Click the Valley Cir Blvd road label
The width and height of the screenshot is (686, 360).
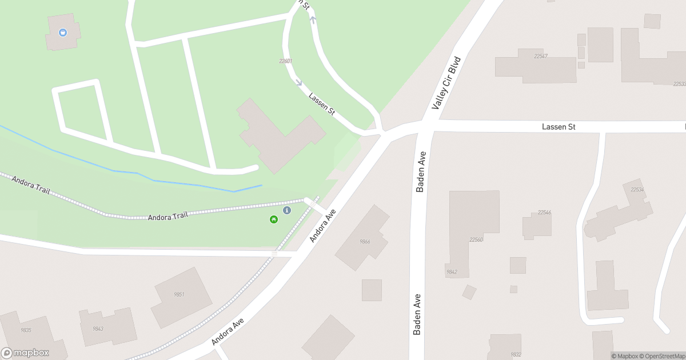446,83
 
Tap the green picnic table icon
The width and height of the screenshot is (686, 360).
274,219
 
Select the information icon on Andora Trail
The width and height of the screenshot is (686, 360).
287,211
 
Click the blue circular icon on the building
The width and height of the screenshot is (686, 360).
63,33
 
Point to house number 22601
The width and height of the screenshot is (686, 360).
286,61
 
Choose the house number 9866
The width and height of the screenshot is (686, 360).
365,242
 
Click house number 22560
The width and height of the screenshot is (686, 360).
476,239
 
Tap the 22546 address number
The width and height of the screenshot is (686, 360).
544,213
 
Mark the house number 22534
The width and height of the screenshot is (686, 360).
637,189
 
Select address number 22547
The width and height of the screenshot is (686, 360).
541,56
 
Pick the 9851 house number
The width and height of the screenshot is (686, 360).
179,294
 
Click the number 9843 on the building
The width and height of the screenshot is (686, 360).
98,329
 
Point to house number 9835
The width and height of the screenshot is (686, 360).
26,330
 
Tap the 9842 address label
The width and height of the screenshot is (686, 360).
452,271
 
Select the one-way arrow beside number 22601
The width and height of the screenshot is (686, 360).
298,82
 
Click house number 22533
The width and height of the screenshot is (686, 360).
679,83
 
